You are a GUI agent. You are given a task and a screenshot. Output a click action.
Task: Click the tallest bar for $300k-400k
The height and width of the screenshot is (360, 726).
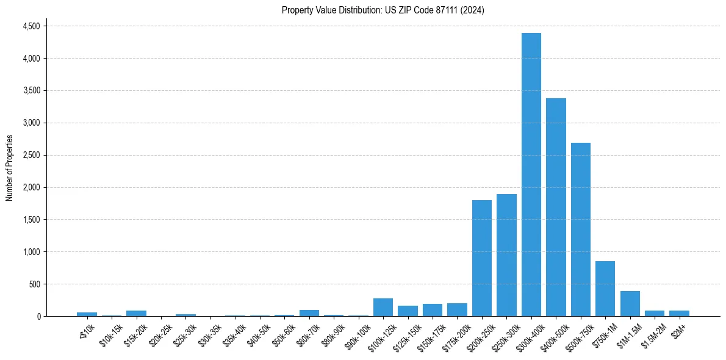[x=531, y=175]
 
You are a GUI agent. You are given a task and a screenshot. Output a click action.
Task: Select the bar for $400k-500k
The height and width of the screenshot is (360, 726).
[x=556, y=207]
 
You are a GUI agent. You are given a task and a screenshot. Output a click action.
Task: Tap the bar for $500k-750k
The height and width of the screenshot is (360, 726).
[x=580, y=229]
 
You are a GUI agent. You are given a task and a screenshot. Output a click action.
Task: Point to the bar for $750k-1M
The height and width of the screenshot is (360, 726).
[x=605, y=289]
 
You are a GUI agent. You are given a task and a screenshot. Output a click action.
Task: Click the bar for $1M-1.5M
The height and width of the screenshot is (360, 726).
[x=630, y=304]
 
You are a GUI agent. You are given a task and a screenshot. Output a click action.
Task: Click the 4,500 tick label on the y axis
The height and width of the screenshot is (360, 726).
[x=31, y=26]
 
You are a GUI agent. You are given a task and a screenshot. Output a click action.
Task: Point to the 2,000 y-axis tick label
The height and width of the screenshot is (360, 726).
[x=31, y=187]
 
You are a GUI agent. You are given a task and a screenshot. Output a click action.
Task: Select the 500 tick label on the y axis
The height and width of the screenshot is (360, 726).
[x=34, y=284]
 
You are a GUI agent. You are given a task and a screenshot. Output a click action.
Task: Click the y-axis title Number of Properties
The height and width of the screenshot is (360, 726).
[x=9, y=168]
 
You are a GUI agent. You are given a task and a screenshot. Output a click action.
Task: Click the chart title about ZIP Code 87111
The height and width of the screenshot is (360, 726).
[x=383, y=10]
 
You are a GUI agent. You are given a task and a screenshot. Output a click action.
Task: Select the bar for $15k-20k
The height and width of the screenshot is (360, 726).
[x=136, y=314]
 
